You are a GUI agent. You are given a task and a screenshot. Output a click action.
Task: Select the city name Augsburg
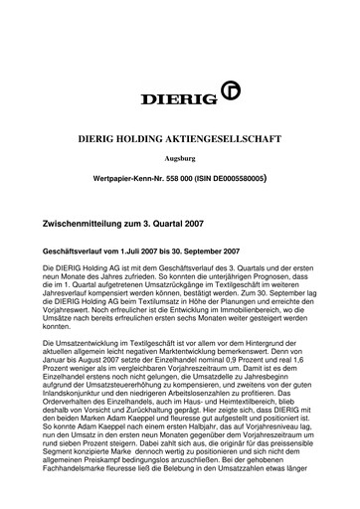tap(179, 158)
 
